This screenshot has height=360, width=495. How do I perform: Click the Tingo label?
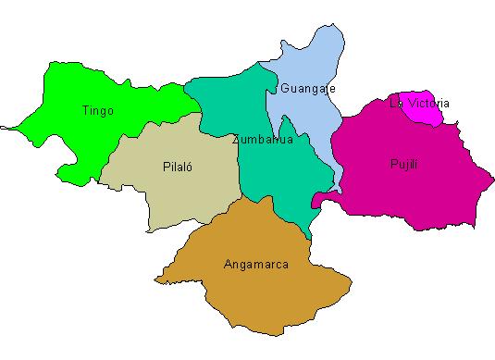[97, 111]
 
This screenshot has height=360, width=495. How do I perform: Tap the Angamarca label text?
[255, 265]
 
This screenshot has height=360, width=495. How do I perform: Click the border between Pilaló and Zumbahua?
[240, 167]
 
